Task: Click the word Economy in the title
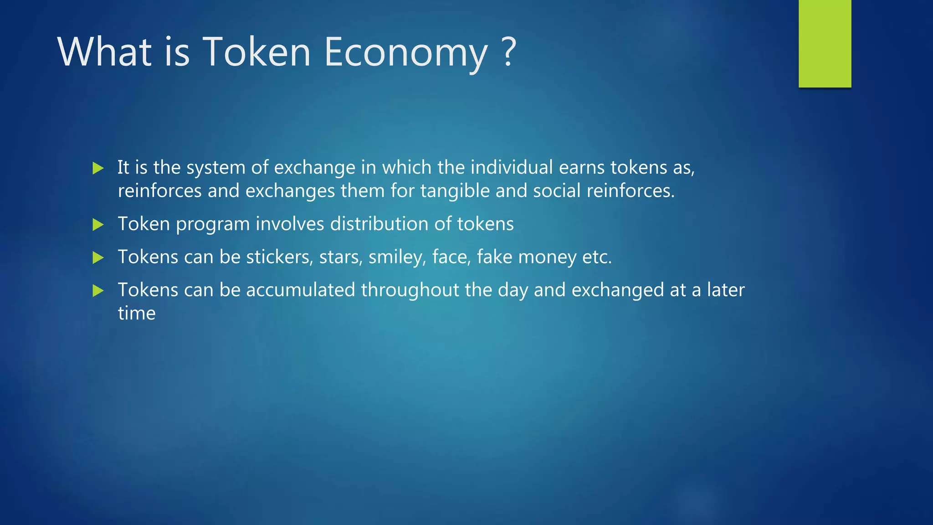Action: (405, 52)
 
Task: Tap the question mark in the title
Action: (509, 51)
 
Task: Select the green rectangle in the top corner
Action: (825, 43)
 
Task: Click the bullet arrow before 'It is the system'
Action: (98, 168)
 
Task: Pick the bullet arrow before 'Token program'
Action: (98, 224)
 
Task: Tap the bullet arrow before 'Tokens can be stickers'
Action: (98, 257)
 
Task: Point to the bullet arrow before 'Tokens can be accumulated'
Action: (98, 290)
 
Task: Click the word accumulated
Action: (300, 290)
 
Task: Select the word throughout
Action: (410, 290)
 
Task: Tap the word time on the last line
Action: (137, 314)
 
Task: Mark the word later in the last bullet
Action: (726, 290)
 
